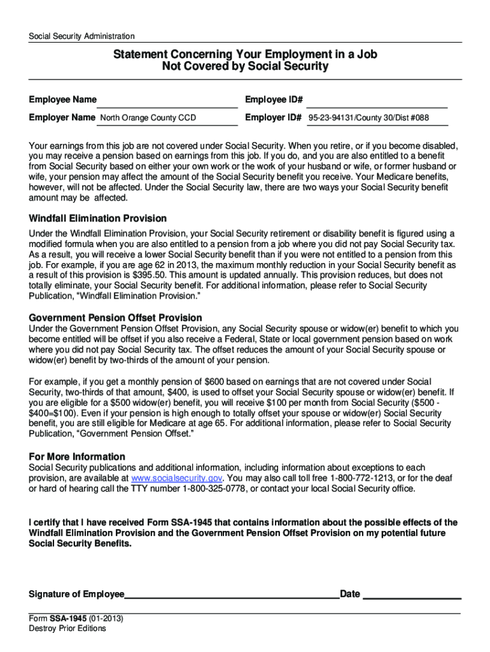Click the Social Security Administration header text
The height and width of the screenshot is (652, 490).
coord(81,36)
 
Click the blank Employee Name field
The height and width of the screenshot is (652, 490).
coord(168,101)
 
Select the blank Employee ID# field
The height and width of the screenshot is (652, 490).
coord(378,101)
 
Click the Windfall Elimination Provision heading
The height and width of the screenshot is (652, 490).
coord(98,218)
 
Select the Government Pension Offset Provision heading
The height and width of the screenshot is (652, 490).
coord(116,317)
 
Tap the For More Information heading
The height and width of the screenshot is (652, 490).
coord(77,457)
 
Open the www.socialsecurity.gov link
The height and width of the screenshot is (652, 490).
coord(176,478)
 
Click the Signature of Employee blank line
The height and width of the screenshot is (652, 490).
coord(232,595)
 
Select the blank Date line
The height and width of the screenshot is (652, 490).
coord(411,595)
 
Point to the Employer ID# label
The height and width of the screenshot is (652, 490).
coord(273,118)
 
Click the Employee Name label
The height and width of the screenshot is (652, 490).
coord(63,100)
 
